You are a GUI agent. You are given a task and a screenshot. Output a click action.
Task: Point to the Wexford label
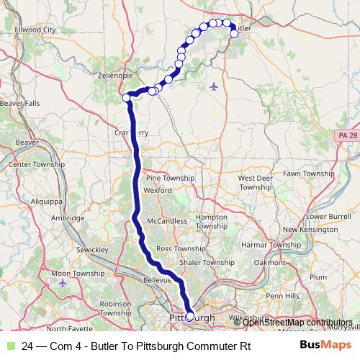click(158, 190)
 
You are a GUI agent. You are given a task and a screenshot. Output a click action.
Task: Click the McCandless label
click(166, 221)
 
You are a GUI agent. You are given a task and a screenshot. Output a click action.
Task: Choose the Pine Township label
click(170, 178)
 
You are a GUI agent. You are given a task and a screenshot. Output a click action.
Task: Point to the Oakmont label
click(269, 262)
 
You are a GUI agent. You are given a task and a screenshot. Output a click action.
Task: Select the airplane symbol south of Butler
click(213, 87)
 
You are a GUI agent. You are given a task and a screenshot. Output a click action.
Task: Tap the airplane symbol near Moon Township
click(63, 282)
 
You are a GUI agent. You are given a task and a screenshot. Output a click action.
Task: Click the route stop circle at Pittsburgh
click(190, 315)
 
